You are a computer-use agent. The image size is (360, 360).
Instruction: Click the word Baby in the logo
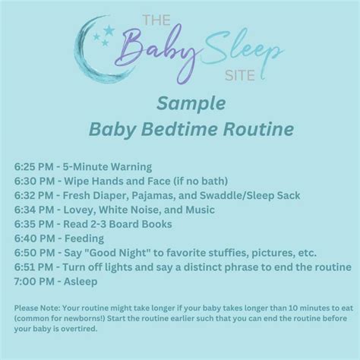pyautogui.click(x=165, y=49)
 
